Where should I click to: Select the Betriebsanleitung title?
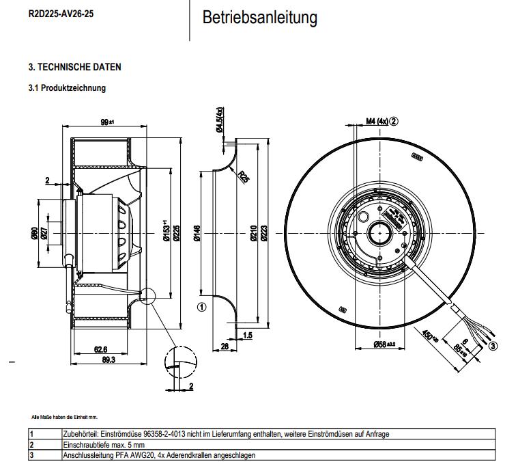pos(260,17)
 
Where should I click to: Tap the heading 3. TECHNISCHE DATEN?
pos(75,67)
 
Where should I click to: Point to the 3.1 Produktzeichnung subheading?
pos(67,88)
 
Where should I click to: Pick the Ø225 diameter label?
pos(176,234)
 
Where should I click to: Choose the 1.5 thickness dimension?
pos(248,336)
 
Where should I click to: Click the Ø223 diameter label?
pos(265,235)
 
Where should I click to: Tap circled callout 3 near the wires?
pos(493,346)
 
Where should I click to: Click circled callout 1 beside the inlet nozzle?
pos(201,307)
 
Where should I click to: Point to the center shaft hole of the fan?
pos(379,234)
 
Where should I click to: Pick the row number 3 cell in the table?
pos(31,455)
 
